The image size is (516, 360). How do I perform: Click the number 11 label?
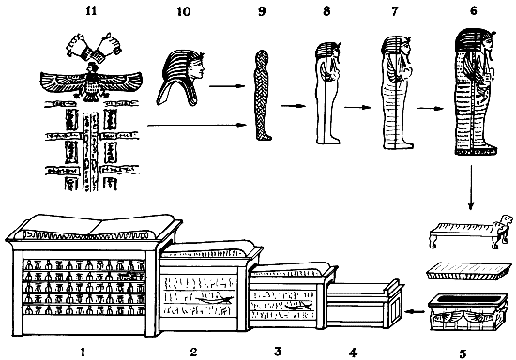(x=91, y=11)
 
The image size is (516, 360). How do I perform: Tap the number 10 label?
(x=184, y=11)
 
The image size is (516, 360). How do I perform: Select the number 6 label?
(x=473, y=11)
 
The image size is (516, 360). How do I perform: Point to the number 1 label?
(x=83, y=352)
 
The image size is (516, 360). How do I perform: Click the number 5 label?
(x=463, y=353)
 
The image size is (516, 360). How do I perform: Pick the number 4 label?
(x=353, y=352)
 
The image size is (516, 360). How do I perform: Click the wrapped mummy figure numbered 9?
(x=263, y=95)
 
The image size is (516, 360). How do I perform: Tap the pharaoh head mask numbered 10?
(x=180, y=79)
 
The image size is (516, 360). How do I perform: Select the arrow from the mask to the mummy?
(x=227, y=86)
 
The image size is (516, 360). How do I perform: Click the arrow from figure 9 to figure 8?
(x=294, y=106)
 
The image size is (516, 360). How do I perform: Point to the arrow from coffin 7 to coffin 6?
(x=429, y=108)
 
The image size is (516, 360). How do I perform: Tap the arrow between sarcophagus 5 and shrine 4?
(x=415, y=311)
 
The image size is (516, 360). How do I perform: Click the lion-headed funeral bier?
(x=471, y=232)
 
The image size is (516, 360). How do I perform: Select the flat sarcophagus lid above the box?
(x=469, y=272)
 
